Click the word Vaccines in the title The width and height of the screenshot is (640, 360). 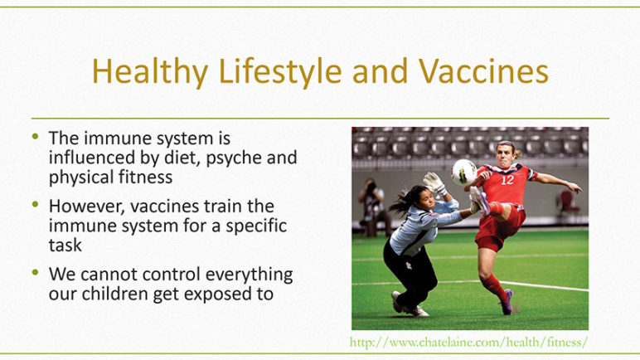coord(483,71)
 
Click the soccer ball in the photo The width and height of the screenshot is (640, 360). coord(464,172)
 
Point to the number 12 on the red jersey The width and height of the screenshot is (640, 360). coord(507,180)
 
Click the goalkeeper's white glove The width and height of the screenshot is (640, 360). coord(434,183)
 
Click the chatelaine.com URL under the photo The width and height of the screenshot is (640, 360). coord(468,342)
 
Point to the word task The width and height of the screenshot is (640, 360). coord(65,246)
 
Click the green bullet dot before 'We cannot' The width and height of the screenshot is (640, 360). coord(36,272)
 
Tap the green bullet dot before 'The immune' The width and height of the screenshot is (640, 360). coord(36,136)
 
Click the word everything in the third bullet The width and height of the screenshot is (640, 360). coord(249,275)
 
